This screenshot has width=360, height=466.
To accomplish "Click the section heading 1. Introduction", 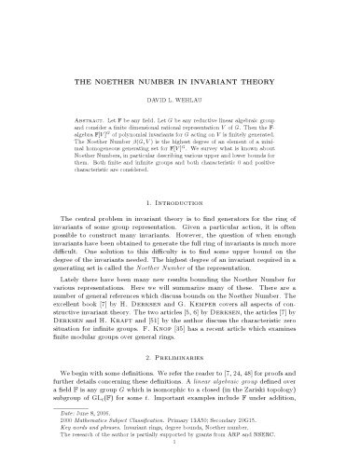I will pyautogui.click(x=180, y=201).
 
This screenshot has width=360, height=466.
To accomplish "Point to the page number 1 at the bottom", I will pyautogui.click(x=180, y=456).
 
